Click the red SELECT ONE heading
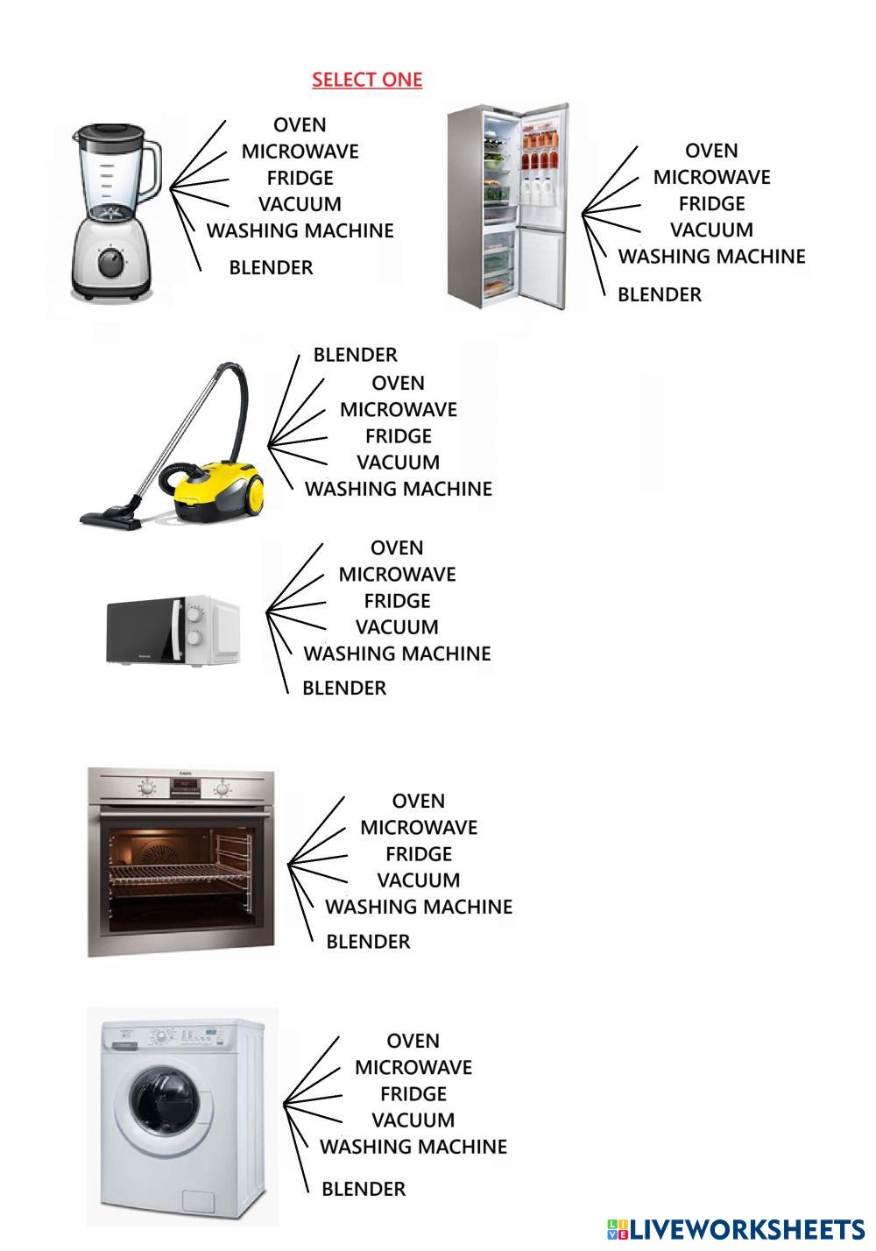point(367,80)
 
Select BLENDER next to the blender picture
point(271,267)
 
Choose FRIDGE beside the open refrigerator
point(711,203)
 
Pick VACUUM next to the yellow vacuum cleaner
point(398,462)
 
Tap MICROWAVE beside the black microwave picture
point(397,574)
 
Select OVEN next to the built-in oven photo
point(418,801)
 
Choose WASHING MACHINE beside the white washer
point(413,1147)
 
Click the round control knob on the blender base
point(111,263)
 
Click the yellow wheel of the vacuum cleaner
point(255,494)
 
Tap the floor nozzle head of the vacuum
point(110,519)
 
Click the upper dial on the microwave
point(194,614)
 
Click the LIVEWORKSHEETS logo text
point(737,1229)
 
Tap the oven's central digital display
point(185,788)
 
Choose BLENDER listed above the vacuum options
point(355,355)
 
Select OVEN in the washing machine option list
point(413,1041)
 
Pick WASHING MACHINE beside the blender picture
point(300,230)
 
